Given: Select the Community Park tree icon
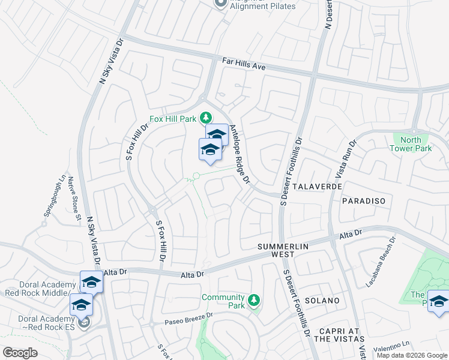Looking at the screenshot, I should tap(254, 299).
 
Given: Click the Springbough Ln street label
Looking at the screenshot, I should tap(53, 196).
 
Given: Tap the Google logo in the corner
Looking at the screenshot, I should tap(20, 353).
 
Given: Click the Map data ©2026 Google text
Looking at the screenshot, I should tap(412, 355).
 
